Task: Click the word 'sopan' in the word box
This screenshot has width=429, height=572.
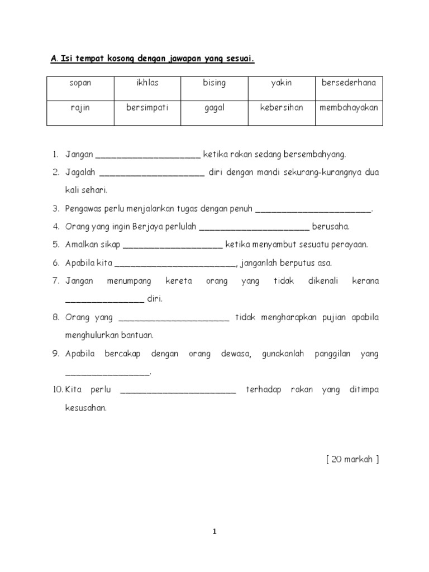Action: [x=80, y=83]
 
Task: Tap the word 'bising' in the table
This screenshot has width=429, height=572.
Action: [x=214, y=83]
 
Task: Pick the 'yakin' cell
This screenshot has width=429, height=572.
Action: [x=282, y=83]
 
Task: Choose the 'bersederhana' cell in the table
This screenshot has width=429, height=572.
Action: [x=349, y=83]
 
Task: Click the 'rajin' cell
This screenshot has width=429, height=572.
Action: [x=80, y=107]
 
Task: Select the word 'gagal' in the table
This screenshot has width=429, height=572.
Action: [x=214, y=107]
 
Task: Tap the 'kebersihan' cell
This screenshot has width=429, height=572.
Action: [x=282, y=107]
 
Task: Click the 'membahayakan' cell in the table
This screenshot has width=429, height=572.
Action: [x=349, y=107]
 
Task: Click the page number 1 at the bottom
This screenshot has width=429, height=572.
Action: [x=214, y=532]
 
